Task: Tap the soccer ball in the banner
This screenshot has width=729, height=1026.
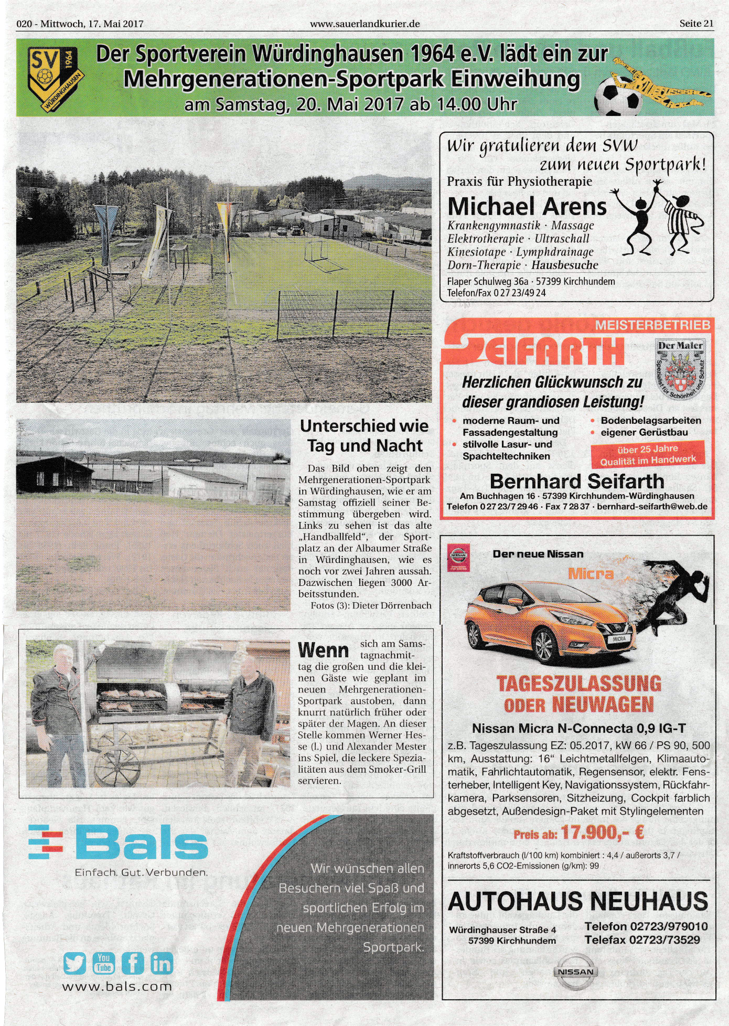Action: [x=618, y=97]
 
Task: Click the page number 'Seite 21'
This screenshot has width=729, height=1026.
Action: [x=696, y=24]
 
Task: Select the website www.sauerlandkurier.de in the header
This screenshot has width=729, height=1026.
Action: [x=364, y=24]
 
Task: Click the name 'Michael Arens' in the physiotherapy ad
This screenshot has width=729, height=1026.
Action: [x=527, y=206]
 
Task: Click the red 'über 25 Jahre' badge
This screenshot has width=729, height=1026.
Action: [x=648, y=454]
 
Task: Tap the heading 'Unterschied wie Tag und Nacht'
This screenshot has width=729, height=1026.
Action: [x=364, y=436]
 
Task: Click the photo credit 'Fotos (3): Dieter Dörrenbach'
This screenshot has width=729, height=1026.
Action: [x=371, y=605]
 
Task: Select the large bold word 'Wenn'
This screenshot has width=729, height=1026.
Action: [x=323, y=650]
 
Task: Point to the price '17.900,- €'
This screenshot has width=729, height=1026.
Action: [x=602, y=832]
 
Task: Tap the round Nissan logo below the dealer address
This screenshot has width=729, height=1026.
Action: [x=575, y=971]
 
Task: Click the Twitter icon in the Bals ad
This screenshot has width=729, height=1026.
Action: [x=74, y=963]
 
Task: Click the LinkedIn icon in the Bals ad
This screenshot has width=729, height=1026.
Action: [x=162, y=963]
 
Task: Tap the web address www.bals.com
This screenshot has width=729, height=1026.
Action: [x=117, y=987]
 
